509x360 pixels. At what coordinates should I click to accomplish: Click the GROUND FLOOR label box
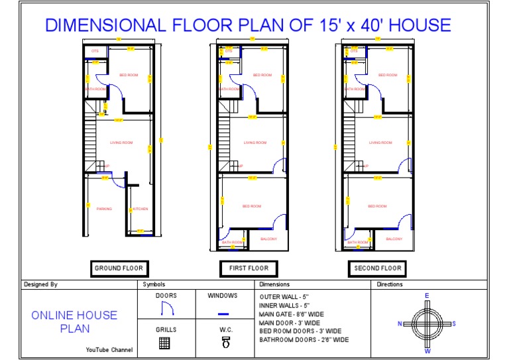(118, 269)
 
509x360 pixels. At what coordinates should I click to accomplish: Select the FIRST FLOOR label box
(249, 269)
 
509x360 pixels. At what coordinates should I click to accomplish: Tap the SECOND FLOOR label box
(377, 269)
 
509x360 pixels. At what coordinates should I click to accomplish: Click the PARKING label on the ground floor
(104, 209)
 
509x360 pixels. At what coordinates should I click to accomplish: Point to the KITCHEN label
(141, 209)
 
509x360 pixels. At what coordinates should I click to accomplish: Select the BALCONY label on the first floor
(268, 239)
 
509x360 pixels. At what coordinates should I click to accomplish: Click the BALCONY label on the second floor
(394, 239)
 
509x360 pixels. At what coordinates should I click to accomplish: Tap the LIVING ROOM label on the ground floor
(121, 143)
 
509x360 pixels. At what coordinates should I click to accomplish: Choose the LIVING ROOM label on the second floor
(380, 143)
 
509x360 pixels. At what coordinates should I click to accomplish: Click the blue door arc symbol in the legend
(166, 308)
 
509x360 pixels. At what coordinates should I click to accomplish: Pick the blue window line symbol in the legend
(223, 313)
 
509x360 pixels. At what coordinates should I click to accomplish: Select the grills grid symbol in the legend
(165, 343)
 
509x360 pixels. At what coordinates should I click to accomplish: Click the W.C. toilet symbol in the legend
(225, 342)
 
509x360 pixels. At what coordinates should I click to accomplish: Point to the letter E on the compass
(427, 296)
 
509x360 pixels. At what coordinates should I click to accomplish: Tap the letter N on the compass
(400, 324)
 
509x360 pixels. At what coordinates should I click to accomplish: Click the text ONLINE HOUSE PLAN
(74, 322)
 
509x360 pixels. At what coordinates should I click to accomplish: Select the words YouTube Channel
(109, 349)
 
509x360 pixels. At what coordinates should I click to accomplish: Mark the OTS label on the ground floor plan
(95, 50)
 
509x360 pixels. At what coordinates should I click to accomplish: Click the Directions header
(390, 284)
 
